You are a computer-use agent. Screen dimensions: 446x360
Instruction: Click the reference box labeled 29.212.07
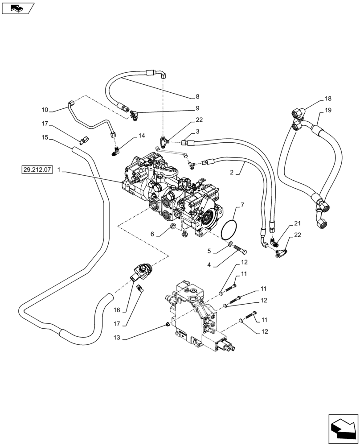click(x=37, y=169)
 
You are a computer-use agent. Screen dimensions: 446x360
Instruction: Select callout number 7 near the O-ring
click(x=242, y=205)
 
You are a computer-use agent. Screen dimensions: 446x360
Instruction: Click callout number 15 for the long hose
click(x=45, y=139)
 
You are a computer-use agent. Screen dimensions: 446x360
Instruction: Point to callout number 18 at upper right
click(x=328, y=99)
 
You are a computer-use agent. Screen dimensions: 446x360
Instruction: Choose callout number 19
click(x=328, y=110)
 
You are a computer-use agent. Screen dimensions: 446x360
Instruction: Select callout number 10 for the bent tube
click(x=45, y=110)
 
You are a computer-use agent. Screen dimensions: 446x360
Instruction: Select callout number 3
click(x=197, y=132)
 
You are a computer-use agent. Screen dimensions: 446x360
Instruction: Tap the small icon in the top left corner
click(x=21, y=8)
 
